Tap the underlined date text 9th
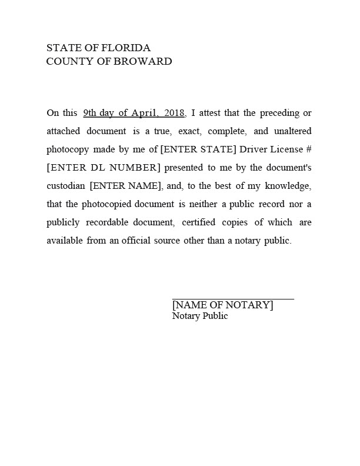pyautogui.click(x=90, y=112)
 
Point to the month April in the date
pyautogui.click(x=142, y=112)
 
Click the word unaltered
pyautogui.click(x=292, y=131)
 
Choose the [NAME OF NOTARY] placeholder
pyautogui.click(x=222, y=305)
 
